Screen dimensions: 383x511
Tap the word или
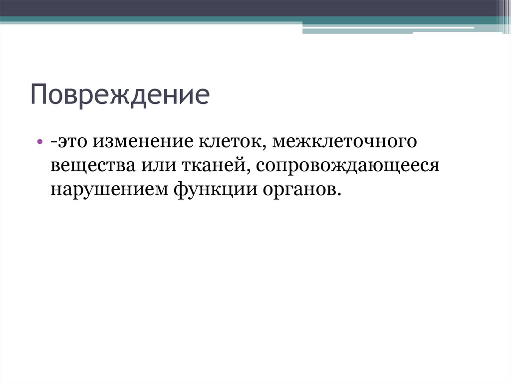(150, 167)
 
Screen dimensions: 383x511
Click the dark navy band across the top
(250, 7)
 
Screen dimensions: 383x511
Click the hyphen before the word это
(52, 144)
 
